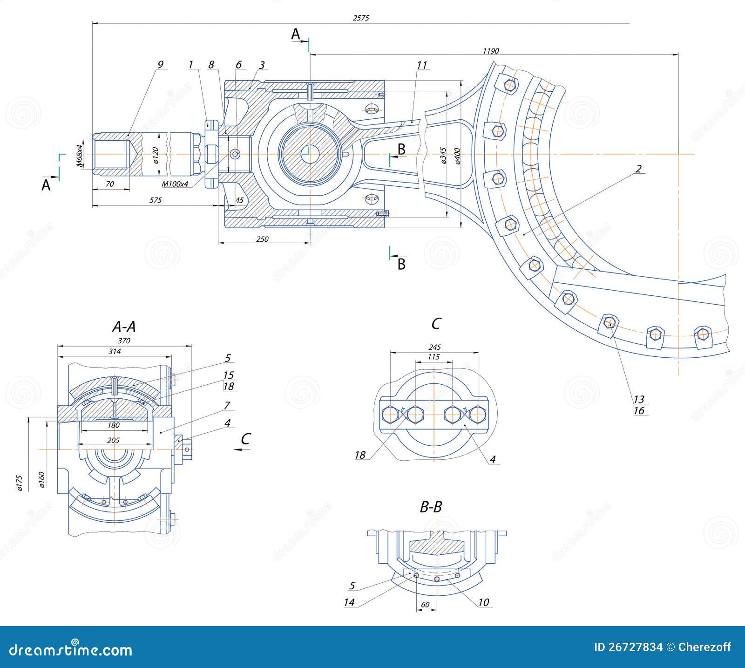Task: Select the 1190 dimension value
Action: click(x=491, y=51)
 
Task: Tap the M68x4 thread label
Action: click(x=80, y=156)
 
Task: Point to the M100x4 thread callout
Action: click(x=175, y=184)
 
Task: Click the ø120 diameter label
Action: click(x=156, y=154)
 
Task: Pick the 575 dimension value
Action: click(x=155, y=200)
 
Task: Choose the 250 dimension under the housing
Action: click(x=262, y=239)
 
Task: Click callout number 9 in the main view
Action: click(x=160, y=65)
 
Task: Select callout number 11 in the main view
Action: click(x=421, y=65)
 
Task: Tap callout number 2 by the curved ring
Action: click(x=639, y=168)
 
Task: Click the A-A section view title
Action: click(x=124, y=327)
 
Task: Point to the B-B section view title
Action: click(x=431, y=507)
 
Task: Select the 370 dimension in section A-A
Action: click(x=124, y=341)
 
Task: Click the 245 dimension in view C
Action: click(x=434, y=348)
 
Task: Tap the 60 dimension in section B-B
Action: click(x=425, y=605)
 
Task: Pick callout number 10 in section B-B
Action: click(x=484, y=602)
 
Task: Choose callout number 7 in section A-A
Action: click(x=227, y=405)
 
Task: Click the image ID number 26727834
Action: click(x=635, y=647)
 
